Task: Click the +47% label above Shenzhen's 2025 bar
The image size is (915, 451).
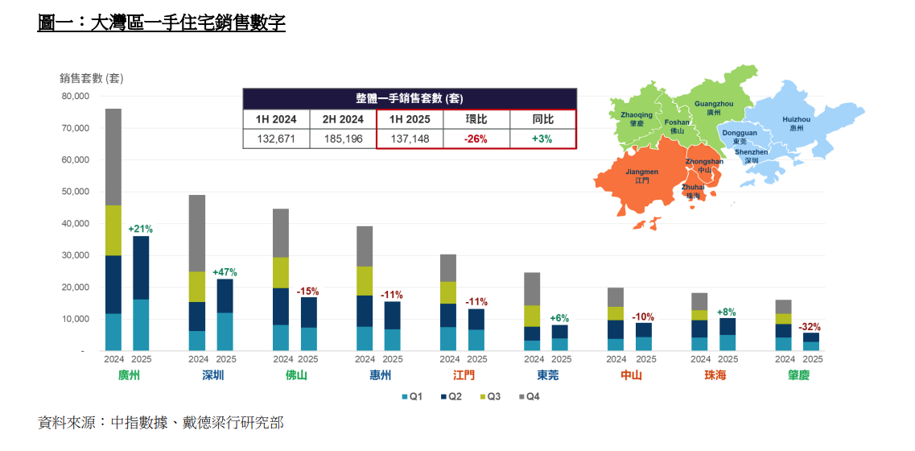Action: click(x=225, y=272)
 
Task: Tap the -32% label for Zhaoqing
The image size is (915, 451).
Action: click(x=810, y=327)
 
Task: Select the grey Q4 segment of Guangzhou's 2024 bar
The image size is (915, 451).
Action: click(x=113, y=157)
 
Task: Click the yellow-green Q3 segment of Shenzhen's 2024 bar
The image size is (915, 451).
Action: click(x=197, y=287)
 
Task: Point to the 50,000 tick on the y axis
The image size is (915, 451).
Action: click(x=74, y=192)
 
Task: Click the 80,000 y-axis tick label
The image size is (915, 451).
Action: click(x=74, y=97)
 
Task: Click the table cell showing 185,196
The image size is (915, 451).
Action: click(x=343, y=139)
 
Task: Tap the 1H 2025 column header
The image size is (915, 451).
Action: click(x=410, y=119)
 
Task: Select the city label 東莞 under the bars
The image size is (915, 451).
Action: click(x=547, y=375)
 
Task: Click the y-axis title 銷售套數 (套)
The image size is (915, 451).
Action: click(x=91, y=78)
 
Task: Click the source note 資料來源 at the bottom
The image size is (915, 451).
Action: click(x=160, y=422)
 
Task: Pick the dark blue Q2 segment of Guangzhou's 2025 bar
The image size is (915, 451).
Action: click(x=141, y=267)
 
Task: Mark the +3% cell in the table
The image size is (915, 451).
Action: click(x=542, y=139)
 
